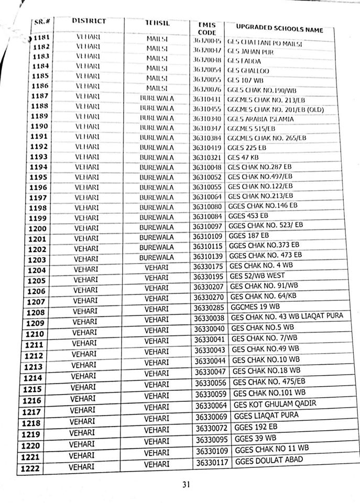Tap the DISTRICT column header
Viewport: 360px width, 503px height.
(x=89, y=21)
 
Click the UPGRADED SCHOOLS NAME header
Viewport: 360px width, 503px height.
(x=279, y=27)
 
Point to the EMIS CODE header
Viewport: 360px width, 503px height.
(x=207, y=28)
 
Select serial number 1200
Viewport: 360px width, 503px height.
(x=38, y=228)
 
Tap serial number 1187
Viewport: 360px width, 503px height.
(x=40, y=96)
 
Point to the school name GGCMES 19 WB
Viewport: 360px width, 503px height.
(x=255, y=307)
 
